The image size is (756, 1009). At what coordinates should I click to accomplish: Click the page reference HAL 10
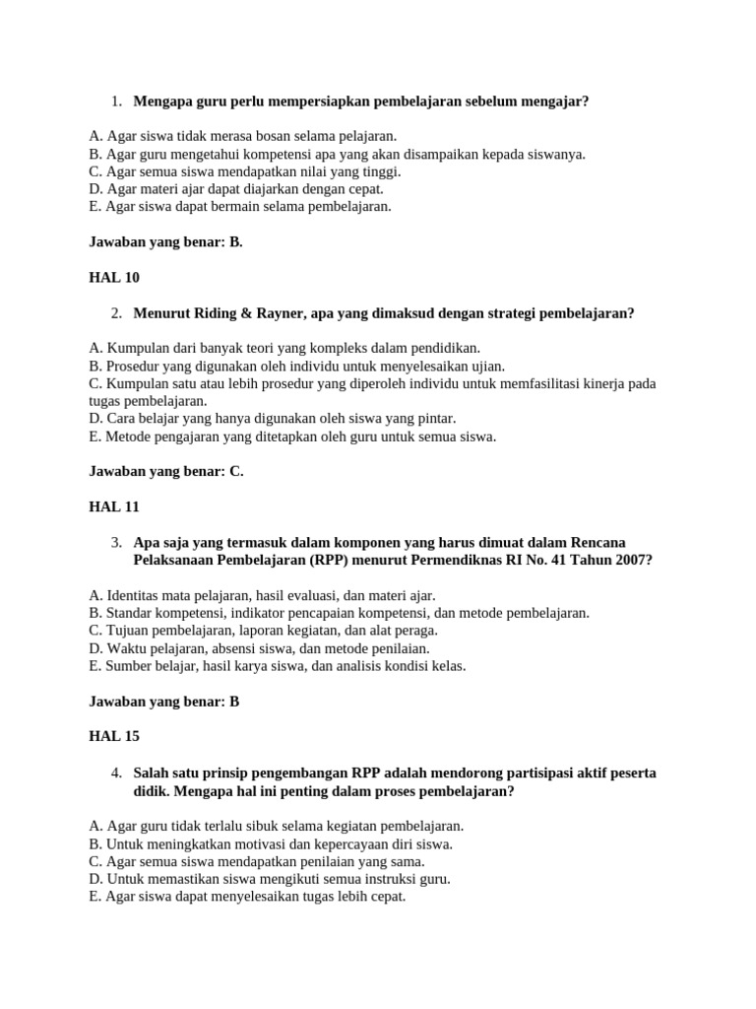pos(114,278)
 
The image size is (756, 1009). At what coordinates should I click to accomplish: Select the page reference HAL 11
pos(114,507)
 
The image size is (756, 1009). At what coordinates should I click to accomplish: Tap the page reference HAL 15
pos(114,737)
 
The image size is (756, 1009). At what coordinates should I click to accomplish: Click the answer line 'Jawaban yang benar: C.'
pos(165,472)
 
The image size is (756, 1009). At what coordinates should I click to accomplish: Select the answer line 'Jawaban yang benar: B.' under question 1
pos(165,242)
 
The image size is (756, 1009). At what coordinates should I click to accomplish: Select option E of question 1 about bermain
pos(239,207)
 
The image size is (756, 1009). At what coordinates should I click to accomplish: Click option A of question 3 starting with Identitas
pos(261,595)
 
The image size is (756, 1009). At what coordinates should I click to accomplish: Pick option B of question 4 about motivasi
pos(270,844)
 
